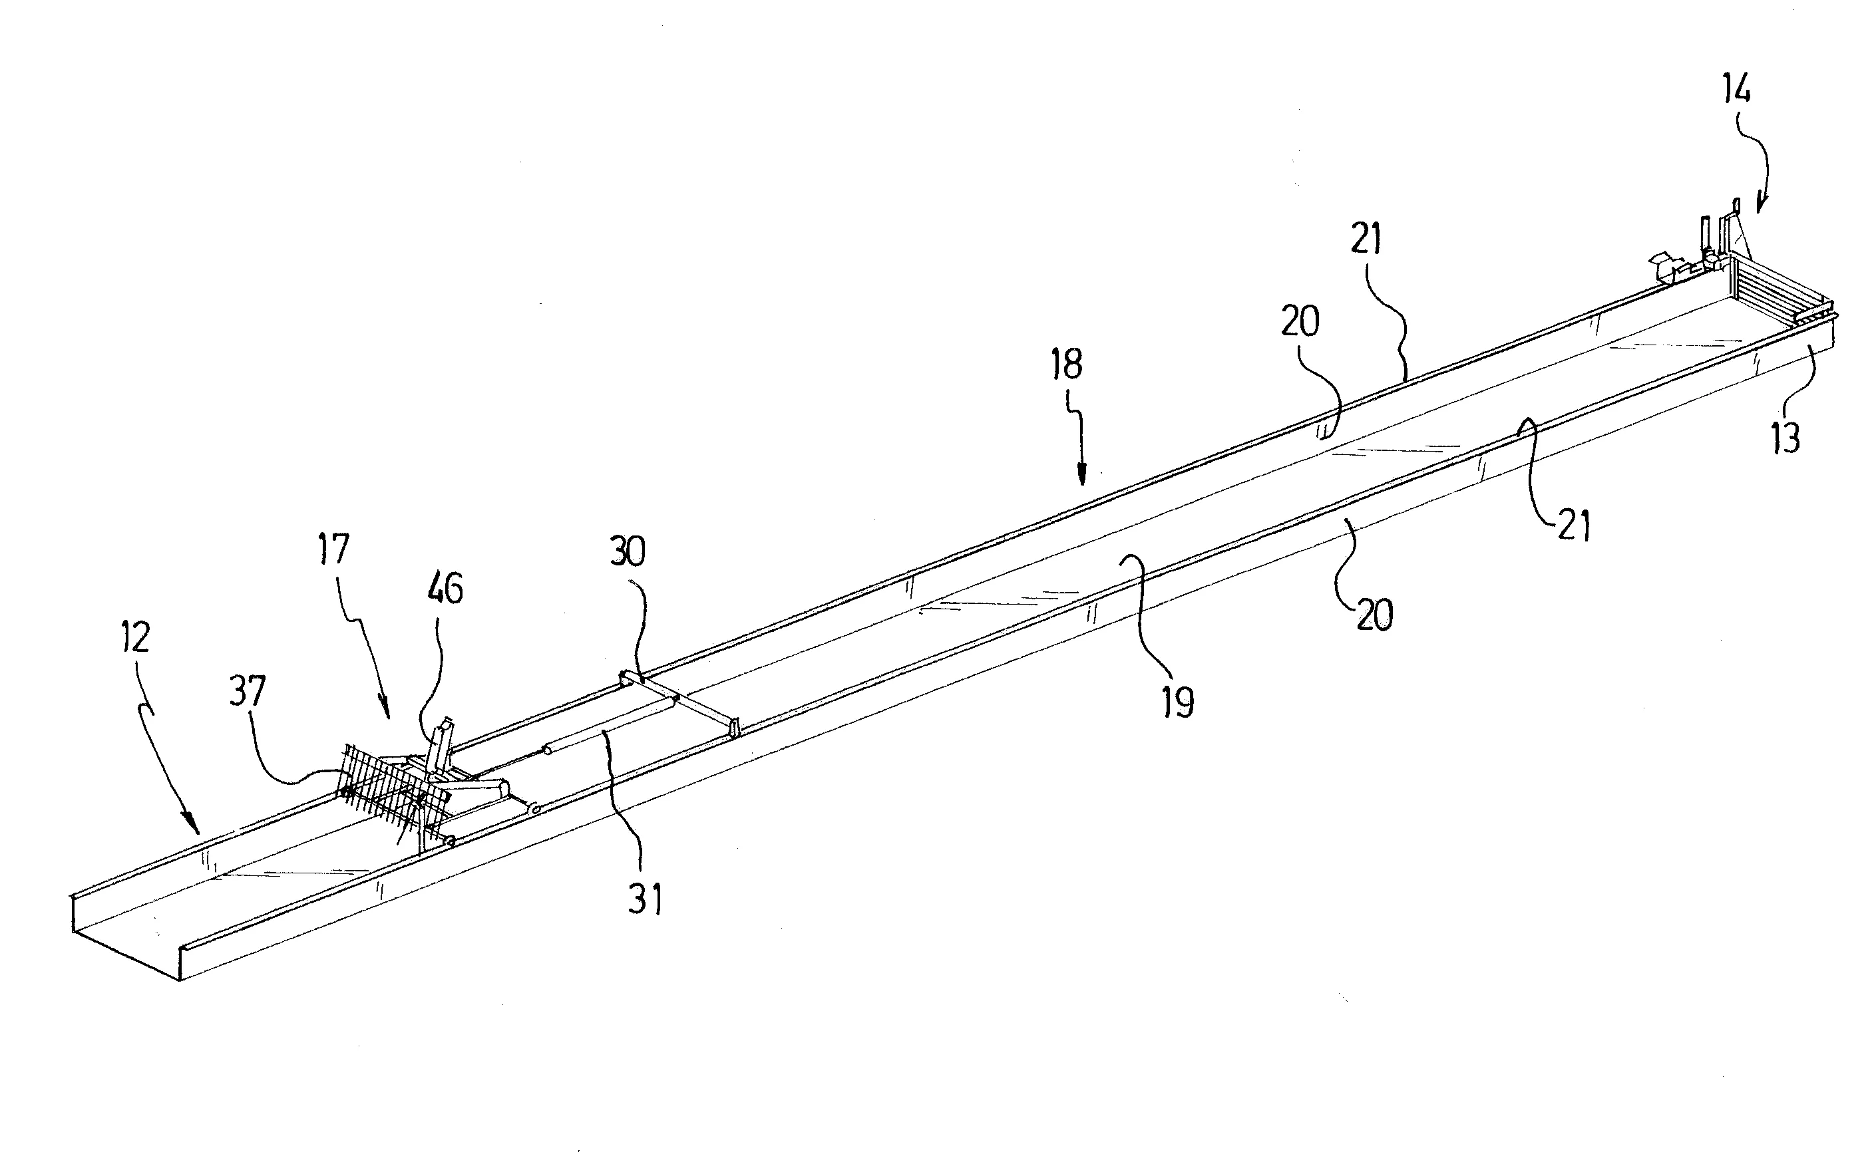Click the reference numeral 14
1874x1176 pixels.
[1736, 89]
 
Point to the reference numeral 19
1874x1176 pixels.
[1178, 702]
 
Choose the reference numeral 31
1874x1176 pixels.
[646, 899]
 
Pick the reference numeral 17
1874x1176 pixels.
[333, 549]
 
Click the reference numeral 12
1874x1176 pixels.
[134, 638]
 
